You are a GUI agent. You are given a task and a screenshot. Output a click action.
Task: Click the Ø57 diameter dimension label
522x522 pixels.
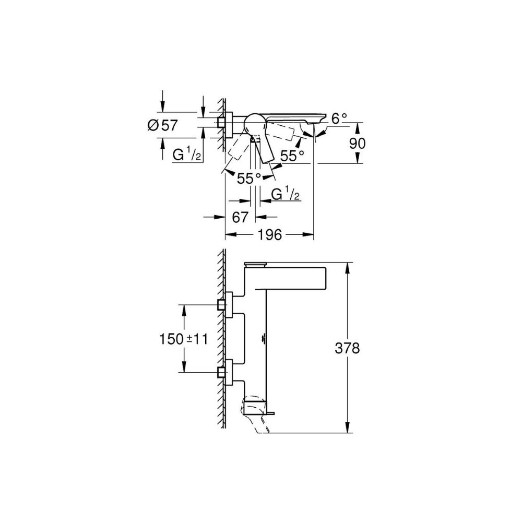[x=163, y=125]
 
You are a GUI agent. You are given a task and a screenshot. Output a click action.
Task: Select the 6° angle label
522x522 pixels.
[x=339, y=118]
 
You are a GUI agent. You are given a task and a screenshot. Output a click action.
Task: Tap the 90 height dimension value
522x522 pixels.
[x=357, y=143]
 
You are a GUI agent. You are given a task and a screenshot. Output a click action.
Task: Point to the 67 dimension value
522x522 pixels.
[x=240, y=217]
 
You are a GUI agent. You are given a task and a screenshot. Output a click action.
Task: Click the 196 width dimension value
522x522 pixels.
[x=270, y=235]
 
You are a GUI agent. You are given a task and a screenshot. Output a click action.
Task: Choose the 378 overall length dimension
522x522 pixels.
[x=347, y=349]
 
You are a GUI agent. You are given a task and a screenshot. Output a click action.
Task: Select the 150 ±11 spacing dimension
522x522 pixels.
[x=183, y=339]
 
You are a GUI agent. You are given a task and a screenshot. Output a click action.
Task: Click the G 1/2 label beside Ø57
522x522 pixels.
[x=187, y=155]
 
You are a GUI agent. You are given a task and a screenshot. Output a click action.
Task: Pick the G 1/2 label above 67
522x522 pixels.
[x=286, y=194]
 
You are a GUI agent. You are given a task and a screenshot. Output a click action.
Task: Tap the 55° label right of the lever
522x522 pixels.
[x=292, y=156]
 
